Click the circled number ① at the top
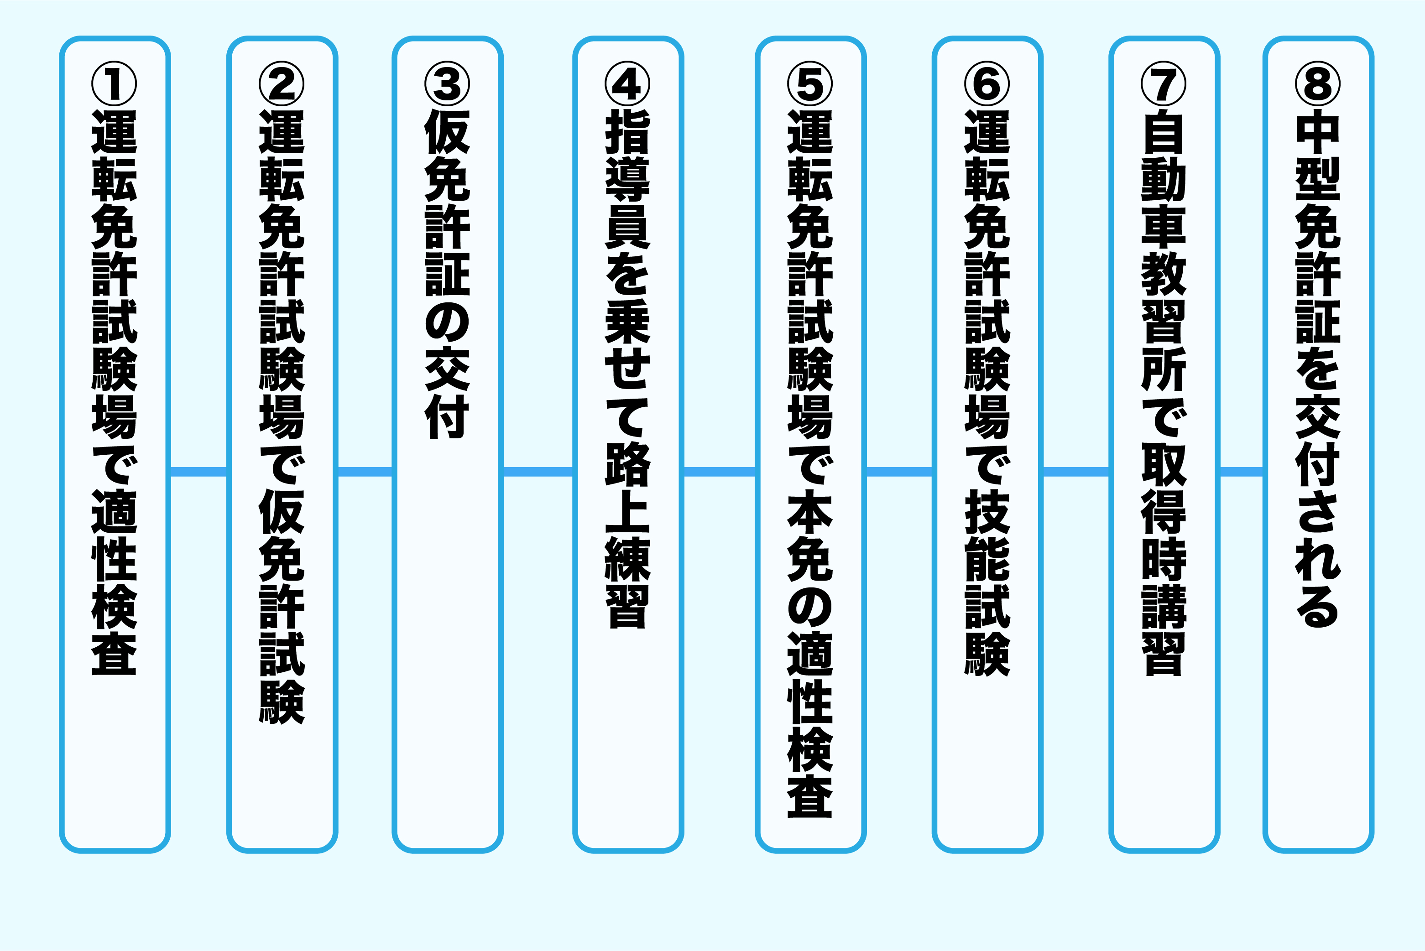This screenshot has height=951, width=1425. [114, 84]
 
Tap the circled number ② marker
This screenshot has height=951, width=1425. [282, 84]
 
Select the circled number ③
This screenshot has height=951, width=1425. [448, 84]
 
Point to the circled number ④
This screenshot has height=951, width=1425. [628, 84]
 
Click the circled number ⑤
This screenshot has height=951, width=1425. [810, 84]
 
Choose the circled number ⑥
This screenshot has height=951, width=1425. [987, 84]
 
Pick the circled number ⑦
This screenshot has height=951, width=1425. [1164, 84]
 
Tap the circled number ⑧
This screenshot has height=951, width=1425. [1318, 84]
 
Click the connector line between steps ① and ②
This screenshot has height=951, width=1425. [198, 471]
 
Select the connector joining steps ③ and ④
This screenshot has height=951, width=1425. [538, 471]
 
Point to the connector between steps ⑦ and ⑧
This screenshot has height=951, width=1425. [1241, 471]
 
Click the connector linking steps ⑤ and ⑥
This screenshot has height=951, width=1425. [899, 471]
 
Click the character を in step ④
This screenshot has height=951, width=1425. [628, 274]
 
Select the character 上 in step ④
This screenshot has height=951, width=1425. [628, 511]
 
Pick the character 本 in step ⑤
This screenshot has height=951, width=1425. [810, 511]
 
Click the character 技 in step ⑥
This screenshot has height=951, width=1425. [987, 511]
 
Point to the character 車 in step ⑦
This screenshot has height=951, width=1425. [1164, 227]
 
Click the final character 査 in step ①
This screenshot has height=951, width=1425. [114, 653]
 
